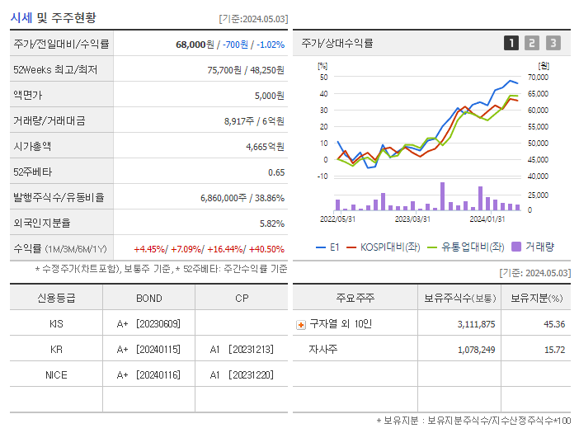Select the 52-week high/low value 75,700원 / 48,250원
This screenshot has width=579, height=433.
pos(246,70)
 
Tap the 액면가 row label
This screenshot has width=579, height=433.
pos(27,96)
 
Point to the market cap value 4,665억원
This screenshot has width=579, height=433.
pos(266,147)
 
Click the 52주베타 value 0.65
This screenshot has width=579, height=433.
pos(276,172)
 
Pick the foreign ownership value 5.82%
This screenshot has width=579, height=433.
pos(271,224)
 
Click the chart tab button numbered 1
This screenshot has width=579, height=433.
pos(511,43)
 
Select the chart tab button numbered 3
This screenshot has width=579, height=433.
pos(553,43)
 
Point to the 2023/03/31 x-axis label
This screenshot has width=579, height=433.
pos(412,219)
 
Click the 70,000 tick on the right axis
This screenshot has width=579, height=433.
pos(537,78)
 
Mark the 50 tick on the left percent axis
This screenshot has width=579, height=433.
pos(324,78)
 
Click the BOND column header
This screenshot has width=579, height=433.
pos(148,298)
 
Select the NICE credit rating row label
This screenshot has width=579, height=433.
pos(56,375)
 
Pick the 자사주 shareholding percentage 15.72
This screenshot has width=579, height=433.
pos(554,350)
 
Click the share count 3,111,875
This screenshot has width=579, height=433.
pos(476,324)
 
